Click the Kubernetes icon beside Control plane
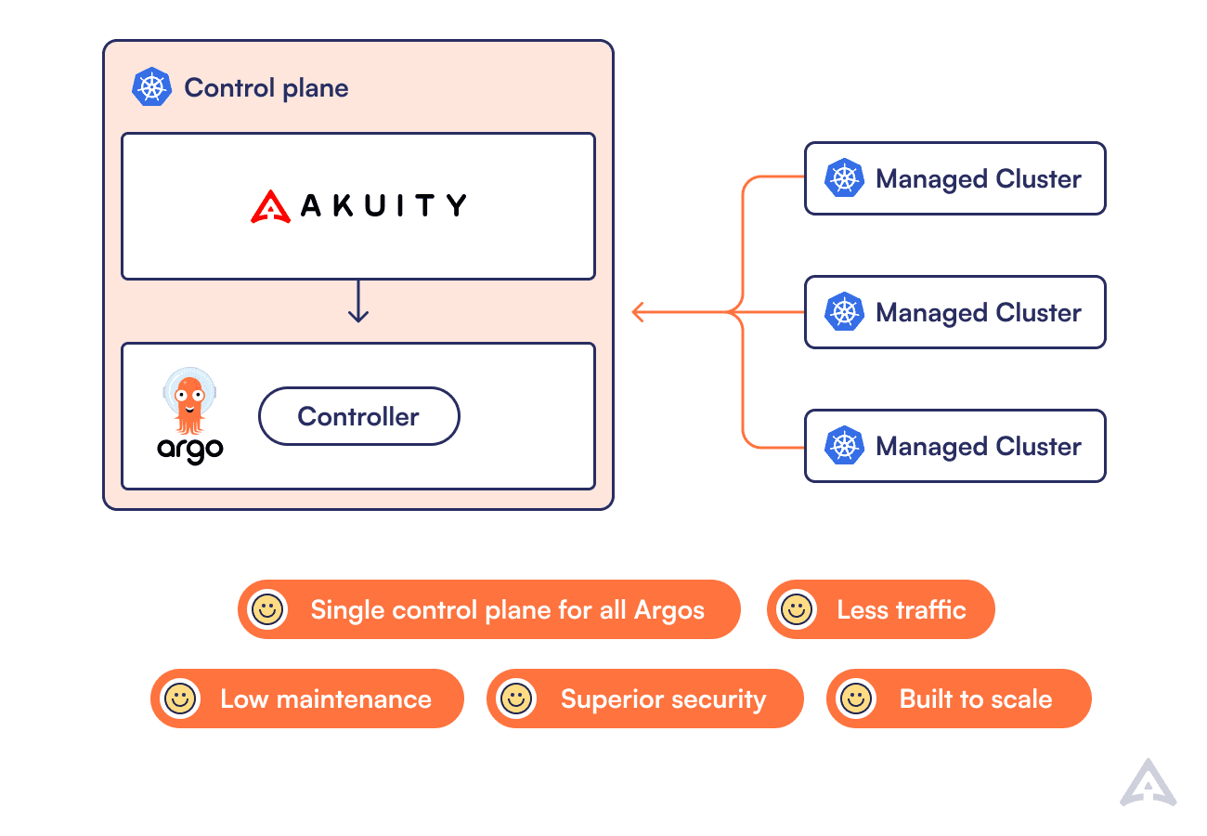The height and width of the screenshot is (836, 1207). (x=152, y=87)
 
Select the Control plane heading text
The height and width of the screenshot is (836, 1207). (x=266, y=88)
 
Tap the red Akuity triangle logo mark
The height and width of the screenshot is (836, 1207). (x=271, y=206)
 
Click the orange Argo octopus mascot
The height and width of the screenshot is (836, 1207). (x=189, y=401)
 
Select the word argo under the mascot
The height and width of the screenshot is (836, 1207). (x=190, y=450)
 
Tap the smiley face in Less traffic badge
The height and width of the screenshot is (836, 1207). (x=796, y=609)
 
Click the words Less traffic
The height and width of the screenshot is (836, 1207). (x=901, y=610)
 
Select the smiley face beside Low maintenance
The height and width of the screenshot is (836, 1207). (x=179, y=699)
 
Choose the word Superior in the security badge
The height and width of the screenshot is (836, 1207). (x=610, y=699)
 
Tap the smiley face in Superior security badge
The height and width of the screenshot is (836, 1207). (x=515, y=699)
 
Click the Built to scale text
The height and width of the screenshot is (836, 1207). (x=975, y=699)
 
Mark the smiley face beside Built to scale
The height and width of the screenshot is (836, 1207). (x=855, y=699)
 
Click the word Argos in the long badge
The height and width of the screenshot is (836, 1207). (x=668, y=610)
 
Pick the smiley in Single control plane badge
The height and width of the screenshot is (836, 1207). (x=267, y=609)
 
